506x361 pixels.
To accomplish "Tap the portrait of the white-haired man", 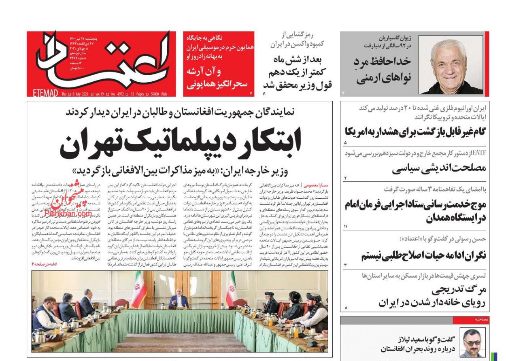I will [x=450, y=65].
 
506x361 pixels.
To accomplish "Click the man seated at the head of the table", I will [x=179, y=300].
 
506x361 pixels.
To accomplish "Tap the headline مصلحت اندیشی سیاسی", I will [x=438, y=168].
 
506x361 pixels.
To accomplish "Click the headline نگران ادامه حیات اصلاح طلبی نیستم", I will [x=423, y=255].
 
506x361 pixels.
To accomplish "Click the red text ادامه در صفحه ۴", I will [x=45, y=264].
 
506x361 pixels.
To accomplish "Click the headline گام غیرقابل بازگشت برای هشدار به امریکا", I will [x=415, y=132].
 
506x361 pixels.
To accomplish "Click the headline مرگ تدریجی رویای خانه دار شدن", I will [x=431, y=296].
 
